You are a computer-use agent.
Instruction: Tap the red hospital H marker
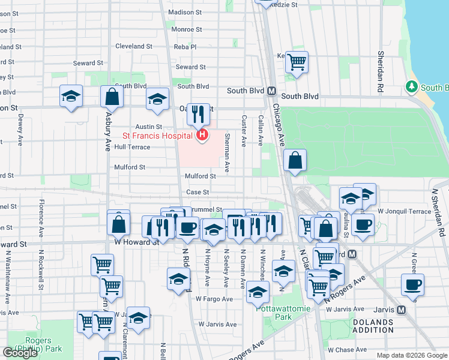(x=202, y=136)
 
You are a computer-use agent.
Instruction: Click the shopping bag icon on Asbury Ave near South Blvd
(x=112, y=96)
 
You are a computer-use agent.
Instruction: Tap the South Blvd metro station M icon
(x=271, y=91)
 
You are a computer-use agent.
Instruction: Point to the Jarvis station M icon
(x=402, y=310)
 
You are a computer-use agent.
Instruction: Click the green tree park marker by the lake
(x=412, y=87)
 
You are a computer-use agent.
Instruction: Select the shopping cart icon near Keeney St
(x=297, y=61)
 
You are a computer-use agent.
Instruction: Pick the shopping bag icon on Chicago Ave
(x=295, y=161)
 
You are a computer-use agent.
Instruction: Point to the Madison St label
(x=185, y=12)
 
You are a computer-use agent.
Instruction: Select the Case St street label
(x=197, y=192)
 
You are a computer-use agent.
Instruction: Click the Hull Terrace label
(x=132, y=146)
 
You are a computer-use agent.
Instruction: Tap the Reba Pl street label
(x=184, y=46)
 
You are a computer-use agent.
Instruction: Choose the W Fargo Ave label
(x=214, y=298)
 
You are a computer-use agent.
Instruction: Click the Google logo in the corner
(x=20, y=353)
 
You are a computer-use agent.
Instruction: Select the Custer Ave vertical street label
(x=244, y=131)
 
